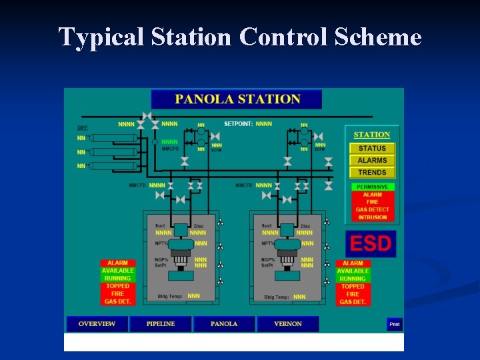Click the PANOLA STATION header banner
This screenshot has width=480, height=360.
coord(237,99)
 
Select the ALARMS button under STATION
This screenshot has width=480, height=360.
coord(372,161)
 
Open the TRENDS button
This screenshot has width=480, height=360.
coord(372,173)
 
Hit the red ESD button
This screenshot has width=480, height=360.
coord(371,243)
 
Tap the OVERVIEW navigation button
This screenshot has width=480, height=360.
coord(97,324)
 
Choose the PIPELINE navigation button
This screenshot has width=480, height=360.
coord(160,324)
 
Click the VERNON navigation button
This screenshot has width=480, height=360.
coord(287,324)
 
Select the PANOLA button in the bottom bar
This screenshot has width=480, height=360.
coord(224,324)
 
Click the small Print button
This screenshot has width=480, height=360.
coord(395,325)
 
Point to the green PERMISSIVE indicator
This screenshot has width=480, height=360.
coord(372,187)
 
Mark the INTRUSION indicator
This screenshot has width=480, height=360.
coord(372,217)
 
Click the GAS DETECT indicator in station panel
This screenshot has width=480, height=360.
coord(372,210)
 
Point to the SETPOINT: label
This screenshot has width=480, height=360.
coord(238,124)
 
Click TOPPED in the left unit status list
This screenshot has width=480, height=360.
coord(118,286)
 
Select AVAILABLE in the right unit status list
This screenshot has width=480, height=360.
coord(353,271)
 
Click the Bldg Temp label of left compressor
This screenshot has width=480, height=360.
coord(171,296)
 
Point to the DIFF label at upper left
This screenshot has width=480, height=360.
coord(83,127)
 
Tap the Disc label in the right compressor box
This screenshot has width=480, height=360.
coord(305,226)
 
